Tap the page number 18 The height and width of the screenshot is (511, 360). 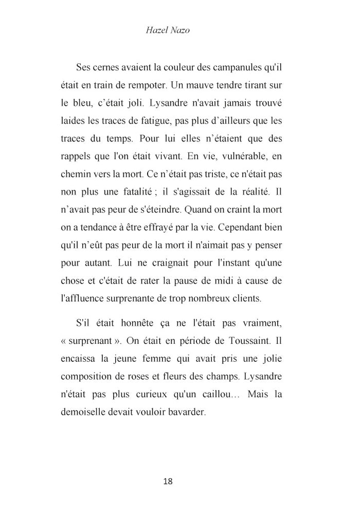click(x=168, y=482)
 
